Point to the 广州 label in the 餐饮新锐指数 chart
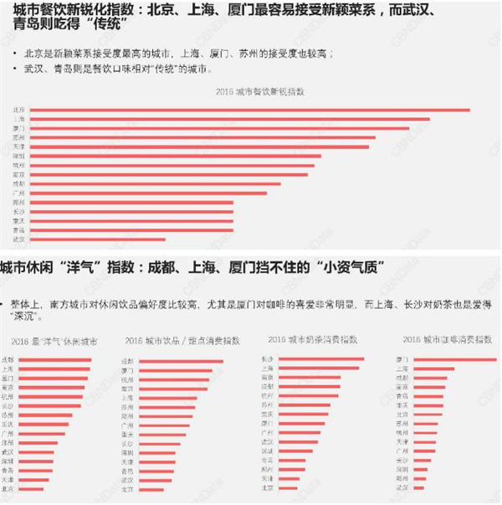(x=19, y=193)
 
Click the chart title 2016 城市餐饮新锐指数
(x=260, y=90)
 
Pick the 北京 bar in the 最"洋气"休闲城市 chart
(x=33, y=488)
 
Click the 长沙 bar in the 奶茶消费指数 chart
(x=322, y=359)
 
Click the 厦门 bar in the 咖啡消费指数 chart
(x=456, y=359)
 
